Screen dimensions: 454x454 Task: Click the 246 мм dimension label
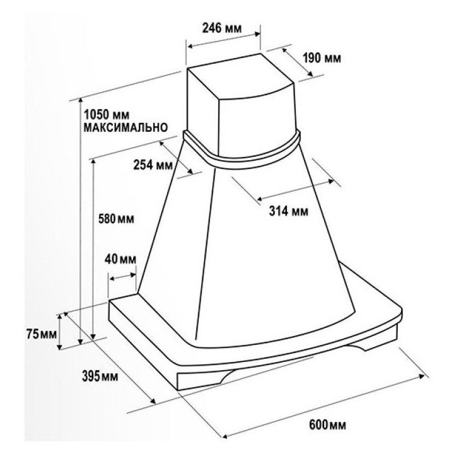point(222,28)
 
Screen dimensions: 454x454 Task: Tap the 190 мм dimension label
point(322,58)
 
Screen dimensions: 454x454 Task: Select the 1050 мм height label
point(107,115)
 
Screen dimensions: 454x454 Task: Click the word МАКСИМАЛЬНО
point(125,127)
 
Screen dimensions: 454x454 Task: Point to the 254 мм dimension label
point(153,165)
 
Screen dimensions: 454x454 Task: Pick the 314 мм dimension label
point(289,211)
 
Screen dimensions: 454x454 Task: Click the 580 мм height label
point(116,219)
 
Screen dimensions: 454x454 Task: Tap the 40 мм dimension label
point(120,259)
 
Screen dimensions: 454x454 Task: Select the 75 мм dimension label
point(42,334)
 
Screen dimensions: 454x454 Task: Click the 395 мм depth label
point(100,376)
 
